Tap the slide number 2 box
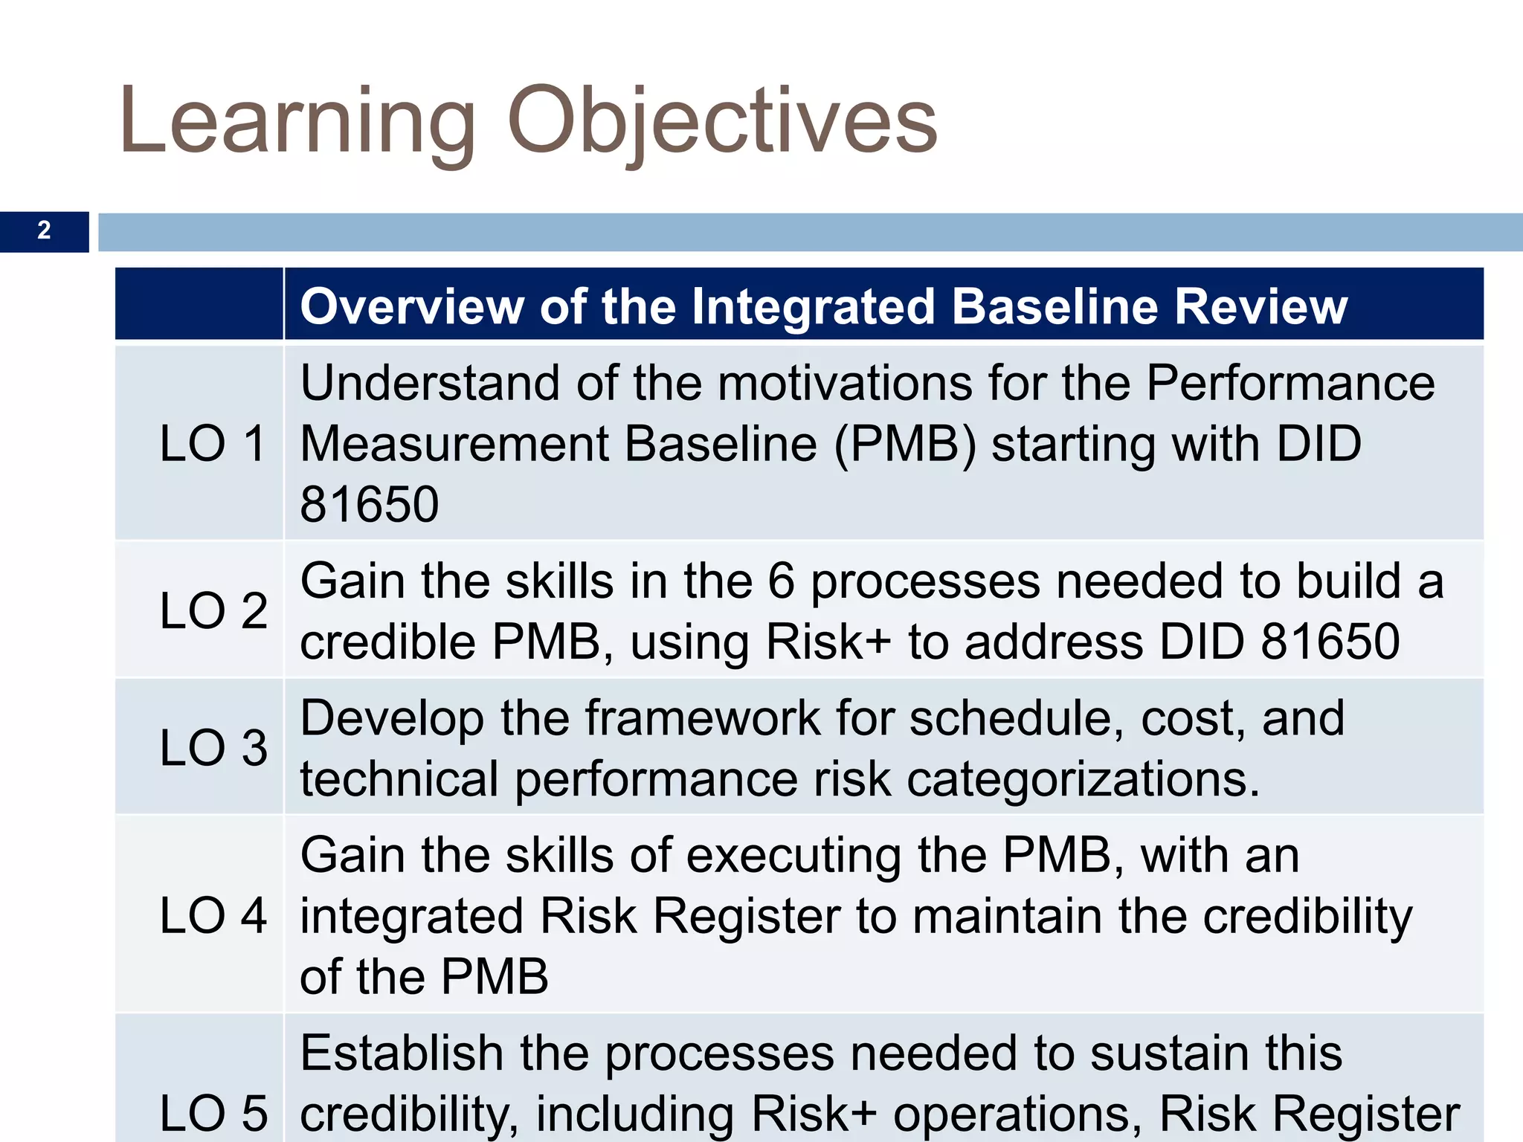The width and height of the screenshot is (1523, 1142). coord(44,231)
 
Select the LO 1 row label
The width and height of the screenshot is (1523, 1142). coord(213,444)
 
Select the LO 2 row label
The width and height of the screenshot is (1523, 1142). coord(213,610)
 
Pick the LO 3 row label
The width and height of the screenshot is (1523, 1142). coord(213,747)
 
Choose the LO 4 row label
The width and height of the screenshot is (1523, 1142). coord(213,915)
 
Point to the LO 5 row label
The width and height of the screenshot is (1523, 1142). coord(213,1113)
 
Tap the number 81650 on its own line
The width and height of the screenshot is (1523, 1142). coord(369,505)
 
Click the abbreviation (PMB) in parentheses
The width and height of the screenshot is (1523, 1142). coord(904,445)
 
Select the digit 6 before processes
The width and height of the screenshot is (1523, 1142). coord(781,581)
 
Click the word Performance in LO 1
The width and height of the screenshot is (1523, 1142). coord(1289,384)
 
